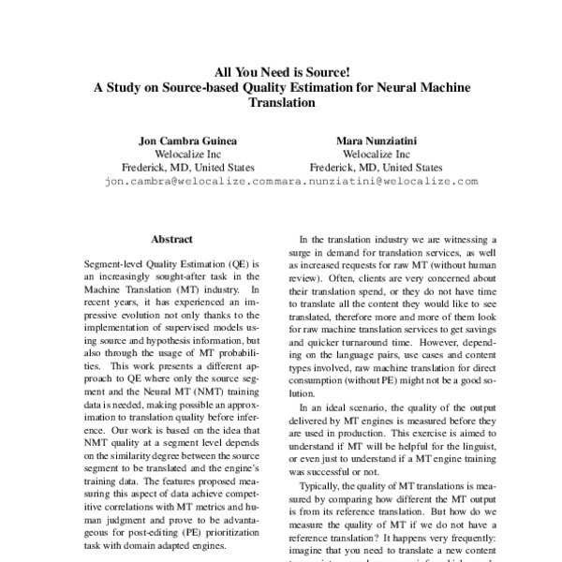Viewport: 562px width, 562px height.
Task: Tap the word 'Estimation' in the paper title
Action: point(297,87)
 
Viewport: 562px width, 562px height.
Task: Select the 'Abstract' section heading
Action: point(172,239)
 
